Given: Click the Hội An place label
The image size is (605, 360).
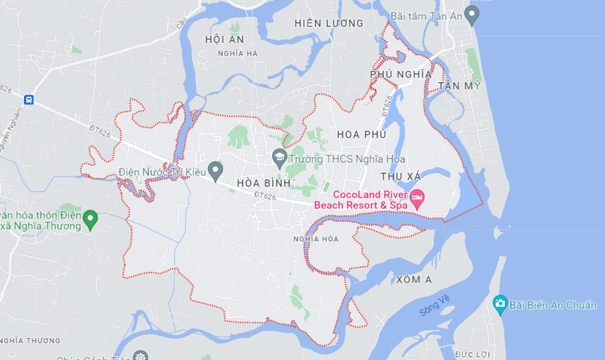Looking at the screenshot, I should [224, 39].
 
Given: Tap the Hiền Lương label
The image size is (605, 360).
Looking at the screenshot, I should [329, 23].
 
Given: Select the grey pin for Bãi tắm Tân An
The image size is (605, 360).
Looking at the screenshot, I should [472, 14].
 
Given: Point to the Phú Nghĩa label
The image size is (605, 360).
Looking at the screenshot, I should [401, 74].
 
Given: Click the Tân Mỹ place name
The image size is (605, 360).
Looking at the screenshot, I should [460, 87].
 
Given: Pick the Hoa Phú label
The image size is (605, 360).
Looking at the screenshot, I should [362, 135].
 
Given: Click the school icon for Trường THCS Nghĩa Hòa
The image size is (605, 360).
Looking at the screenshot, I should [279, 157].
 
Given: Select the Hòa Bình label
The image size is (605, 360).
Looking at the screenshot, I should [264, 182].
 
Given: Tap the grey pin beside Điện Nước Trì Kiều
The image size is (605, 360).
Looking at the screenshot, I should [215, 171].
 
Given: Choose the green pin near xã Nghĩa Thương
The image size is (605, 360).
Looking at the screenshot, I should [90, 218].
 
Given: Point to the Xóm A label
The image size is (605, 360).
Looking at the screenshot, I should [414, 280].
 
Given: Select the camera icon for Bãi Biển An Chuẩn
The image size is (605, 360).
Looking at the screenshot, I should [500, 303].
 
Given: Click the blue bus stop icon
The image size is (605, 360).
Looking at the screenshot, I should [29, 100].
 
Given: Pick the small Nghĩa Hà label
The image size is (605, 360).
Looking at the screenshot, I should [238, 54].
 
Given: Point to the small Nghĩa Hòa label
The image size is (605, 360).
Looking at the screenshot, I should [315, 238].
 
